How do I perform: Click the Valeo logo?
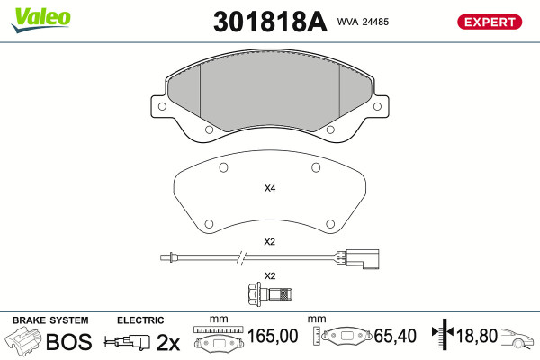coord(41,20)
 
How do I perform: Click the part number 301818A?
coord(270,22)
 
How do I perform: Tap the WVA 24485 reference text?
coord(363,22)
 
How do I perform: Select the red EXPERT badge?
coord(490,22)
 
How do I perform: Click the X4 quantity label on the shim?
coord(270,188)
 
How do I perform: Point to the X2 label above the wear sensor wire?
coord(270,242)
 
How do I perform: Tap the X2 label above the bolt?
coord(270,276)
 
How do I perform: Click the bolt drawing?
coord(270,294)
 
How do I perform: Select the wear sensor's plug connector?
coord(358,259)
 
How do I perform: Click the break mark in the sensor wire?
coord(242,257)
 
